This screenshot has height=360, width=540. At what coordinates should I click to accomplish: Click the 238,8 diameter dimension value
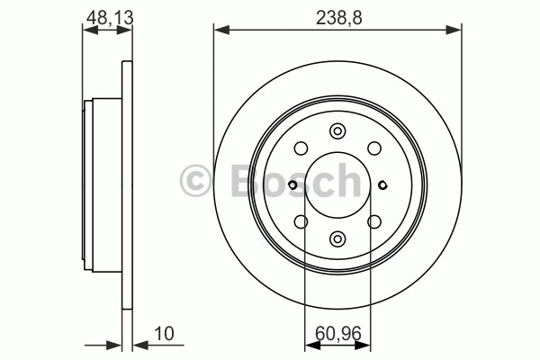[339, 18]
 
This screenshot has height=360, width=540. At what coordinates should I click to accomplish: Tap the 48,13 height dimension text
[110, 18]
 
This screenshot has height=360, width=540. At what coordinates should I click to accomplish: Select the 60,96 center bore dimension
[338, 334]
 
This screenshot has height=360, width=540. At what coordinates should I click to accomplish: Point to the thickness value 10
[165, 334]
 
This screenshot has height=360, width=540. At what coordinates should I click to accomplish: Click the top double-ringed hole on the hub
[337, 131]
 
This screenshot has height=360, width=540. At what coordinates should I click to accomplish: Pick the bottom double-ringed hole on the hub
[337, 238]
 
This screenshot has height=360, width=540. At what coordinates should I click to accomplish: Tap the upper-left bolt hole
[301, 148]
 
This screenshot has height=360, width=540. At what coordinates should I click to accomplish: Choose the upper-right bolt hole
[374, 148]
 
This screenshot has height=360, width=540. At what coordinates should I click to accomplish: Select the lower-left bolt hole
[301, 221]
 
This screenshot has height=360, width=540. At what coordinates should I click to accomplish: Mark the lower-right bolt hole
[374, 221]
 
